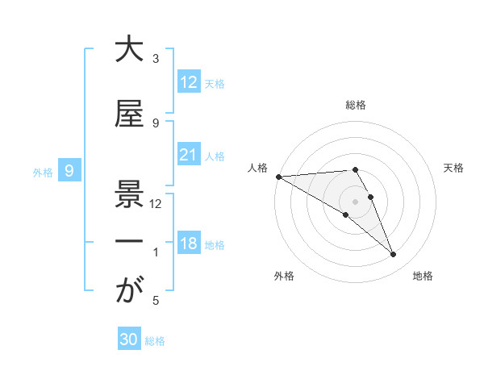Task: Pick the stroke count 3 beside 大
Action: [x=156, y=59]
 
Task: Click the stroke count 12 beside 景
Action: [x=156, y=204]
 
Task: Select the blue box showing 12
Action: [x=189, y=81]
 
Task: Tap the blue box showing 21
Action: [x=189, y=154]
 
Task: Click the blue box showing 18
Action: [x=189, y=243]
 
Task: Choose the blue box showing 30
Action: [x=128, y=339]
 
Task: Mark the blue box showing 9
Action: [x=69, y=170]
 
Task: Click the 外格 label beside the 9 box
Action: [x=43, y=172]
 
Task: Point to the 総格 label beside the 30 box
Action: [x=155, y=341]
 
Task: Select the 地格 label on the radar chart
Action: [x=423, y=276]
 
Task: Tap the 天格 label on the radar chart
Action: [x=454, y=167]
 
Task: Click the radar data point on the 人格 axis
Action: [x=278, y=177]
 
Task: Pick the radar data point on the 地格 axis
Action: [x=393, y=255]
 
